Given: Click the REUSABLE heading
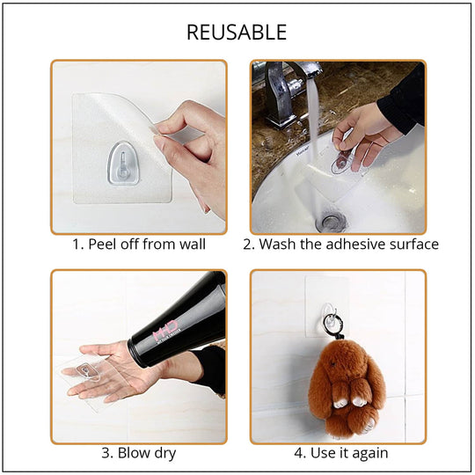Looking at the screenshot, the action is point(237,33).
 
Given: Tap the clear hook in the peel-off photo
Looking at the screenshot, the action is point(123,164).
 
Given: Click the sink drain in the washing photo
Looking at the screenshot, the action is point(331,221).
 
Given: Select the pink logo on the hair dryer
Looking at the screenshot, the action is point(165,331).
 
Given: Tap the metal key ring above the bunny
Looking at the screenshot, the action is point(332,324).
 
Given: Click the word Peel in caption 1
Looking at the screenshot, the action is point(102,245).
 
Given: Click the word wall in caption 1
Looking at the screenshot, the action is point(193,245).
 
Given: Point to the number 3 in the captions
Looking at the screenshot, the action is point(106,454).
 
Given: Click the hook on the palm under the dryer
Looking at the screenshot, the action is point(88,371).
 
